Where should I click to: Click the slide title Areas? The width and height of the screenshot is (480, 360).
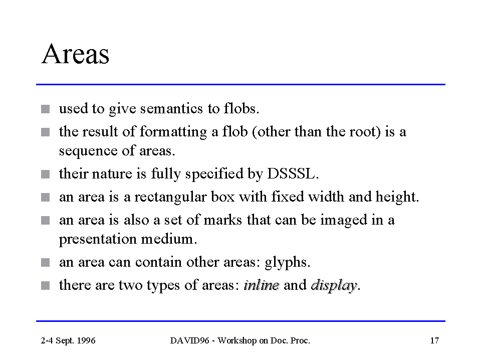pyautogui.click(x=75, y=54)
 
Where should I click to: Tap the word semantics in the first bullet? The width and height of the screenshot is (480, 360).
pyautogui.click(x=171, y=108)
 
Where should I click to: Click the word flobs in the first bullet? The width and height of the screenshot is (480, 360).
pyautogui.click(x=242, y=108)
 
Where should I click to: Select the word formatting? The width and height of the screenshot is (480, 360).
pyautogui.click(x=173, y=132)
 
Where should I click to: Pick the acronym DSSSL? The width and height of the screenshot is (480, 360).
pyautogui.click(x=293, y=173)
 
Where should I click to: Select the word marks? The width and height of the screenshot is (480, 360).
pyautogui.click(x=223, y=220)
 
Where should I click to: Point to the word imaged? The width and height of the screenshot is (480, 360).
pyautogui.click(x=344, y=221)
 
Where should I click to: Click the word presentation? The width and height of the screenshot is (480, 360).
pyautogui.click(x=98, y=240)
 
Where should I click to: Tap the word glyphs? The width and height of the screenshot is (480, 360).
pyautogui.click(x=288, y=263)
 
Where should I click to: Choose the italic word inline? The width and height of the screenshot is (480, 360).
pyautogui.click(x=262, y=285)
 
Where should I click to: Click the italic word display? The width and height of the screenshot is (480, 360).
pyautogui.click(x=334, y=286)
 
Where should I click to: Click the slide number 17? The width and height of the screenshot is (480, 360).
pyautogui.click(x=434, y=341)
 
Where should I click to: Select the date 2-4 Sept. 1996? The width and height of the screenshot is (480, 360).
pyautogui.click(x=68, y=341)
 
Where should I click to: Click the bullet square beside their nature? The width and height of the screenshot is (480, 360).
pyautogui.click(x=45, y=174)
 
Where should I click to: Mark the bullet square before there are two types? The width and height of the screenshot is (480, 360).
pyautogui.click(x=45, y=286)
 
